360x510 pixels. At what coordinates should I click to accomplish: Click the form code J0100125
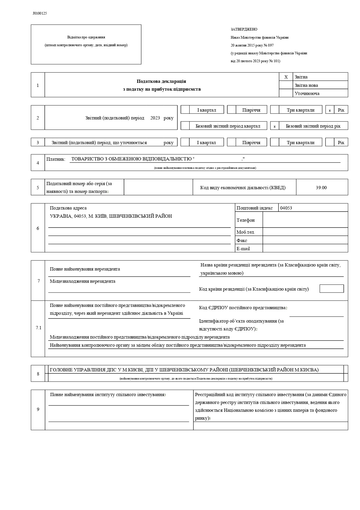(40, 13)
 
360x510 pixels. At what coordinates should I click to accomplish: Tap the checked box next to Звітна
(286, 77)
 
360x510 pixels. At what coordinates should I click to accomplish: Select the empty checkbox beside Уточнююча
(286, 93)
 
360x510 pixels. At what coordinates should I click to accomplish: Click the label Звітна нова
(306, 85)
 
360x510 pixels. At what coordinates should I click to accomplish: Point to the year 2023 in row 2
(155, 118)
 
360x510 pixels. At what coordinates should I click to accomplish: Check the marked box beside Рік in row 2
(330, 110)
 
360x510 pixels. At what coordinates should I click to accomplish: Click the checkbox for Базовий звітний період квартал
(185, 126)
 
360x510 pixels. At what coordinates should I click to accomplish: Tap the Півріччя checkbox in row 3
(231, 142)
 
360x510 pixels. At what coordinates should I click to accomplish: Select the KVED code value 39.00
(321, 188)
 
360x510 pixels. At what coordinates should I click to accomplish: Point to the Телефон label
(246, 220)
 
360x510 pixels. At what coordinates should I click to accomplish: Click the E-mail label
(243, 249)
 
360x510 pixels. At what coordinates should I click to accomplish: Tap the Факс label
(242, 240)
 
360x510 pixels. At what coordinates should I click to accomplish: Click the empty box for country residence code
(332, 289)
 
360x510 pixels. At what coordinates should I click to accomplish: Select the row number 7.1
(39, 328)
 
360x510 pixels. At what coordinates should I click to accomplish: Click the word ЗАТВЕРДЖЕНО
(244, 29)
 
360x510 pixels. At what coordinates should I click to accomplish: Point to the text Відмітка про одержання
(86, 37)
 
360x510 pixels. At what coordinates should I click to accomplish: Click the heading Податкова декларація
(161, 81)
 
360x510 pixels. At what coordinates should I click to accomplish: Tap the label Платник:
(56, 159)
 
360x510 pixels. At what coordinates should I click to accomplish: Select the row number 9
(38, 409)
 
